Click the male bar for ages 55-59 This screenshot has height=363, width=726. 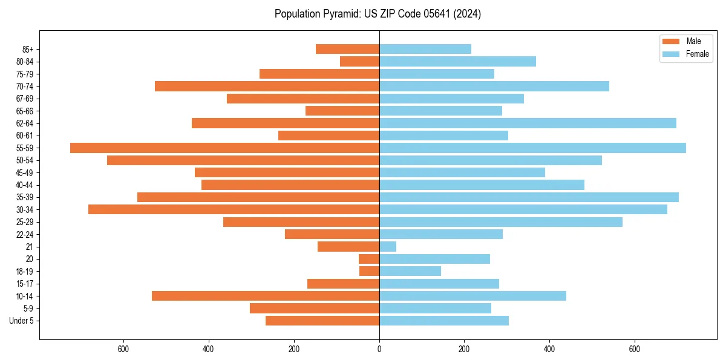pyautogui.click(x=224, y=148)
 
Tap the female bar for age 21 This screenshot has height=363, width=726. pyautogui.click(x=388, y=247)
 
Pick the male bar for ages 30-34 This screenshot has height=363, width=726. pyautogui.click(x=234, y=210)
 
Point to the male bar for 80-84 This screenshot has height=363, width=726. pyautogui.click(x=359, y=62)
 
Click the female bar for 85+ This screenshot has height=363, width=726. pyautogui.click(x=425, y=49)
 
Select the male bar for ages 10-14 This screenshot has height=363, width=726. pyautogui.click(x=266, y=296)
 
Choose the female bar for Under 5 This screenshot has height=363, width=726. pyautogui.click(x=443, y=321)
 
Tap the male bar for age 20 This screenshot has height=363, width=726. pyautogui.click(x=369, y=259)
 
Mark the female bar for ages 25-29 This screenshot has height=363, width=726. pyautogui.click(x=500, y=222)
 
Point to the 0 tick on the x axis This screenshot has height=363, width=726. pyautogui.click(x=379, y=349)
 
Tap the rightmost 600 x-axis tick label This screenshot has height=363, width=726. pyautogui.click(x=635, y=349)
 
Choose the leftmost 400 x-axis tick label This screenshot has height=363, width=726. pyautogui.click(x=209, y=349)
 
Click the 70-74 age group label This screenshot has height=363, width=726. pyautogui.click(x=25, y=87)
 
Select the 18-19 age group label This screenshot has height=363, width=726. pyautogui.click(x=25, y=272)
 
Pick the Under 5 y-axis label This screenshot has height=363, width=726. pyautogui.click(x=21, y=321)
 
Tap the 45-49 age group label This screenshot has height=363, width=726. pyautogui.click(x=25, y=173)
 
